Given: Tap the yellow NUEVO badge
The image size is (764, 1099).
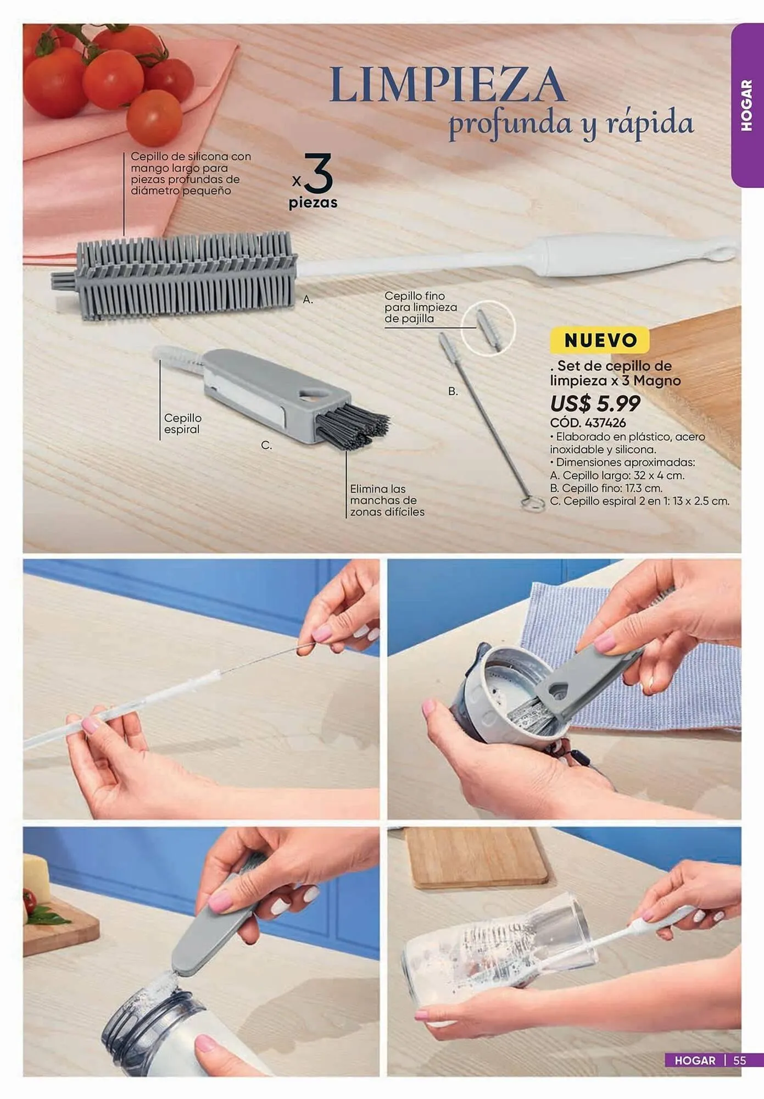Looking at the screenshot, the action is pyautogui.click(x=600, y=340).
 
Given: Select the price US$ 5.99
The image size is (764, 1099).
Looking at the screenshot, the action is pyautogui.click(x=595, y=404).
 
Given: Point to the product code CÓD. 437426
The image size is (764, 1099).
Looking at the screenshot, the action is pyautogui.click(x=588, y=423).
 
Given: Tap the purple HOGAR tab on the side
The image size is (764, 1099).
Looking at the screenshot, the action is pyautogui.click(x=747, y=105).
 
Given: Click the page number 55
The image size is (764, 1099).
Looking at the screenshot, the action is pyautogui.click(x=740, y=1061).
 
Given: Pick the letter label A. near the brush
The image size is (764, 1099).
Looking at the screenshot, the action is pyautogui.click(x=308, y=299).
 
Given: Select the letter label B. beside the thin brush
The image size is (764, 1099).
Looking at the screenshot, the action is pyautogui.click(x=453, y=391).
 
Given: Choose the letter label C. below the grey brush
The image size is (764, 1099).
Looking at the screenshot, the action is pyautogui.click(x=266, y=445).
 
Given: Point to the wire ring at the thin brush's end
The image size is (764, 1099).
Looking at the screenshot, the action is pyautogui.click(x=532, y=504).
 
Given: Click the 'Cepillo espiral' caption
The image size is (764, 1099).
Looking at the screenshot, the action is pyautogui.click(x=183, y=424).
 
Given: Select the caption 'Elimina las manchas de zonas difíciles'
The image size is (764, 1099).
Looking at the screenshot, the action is pyautogui.click(x=387, y=500).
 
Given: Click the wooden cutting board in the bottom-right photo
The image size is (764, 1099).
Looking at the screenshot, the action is pyautogui.click(x=476, y=857).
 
